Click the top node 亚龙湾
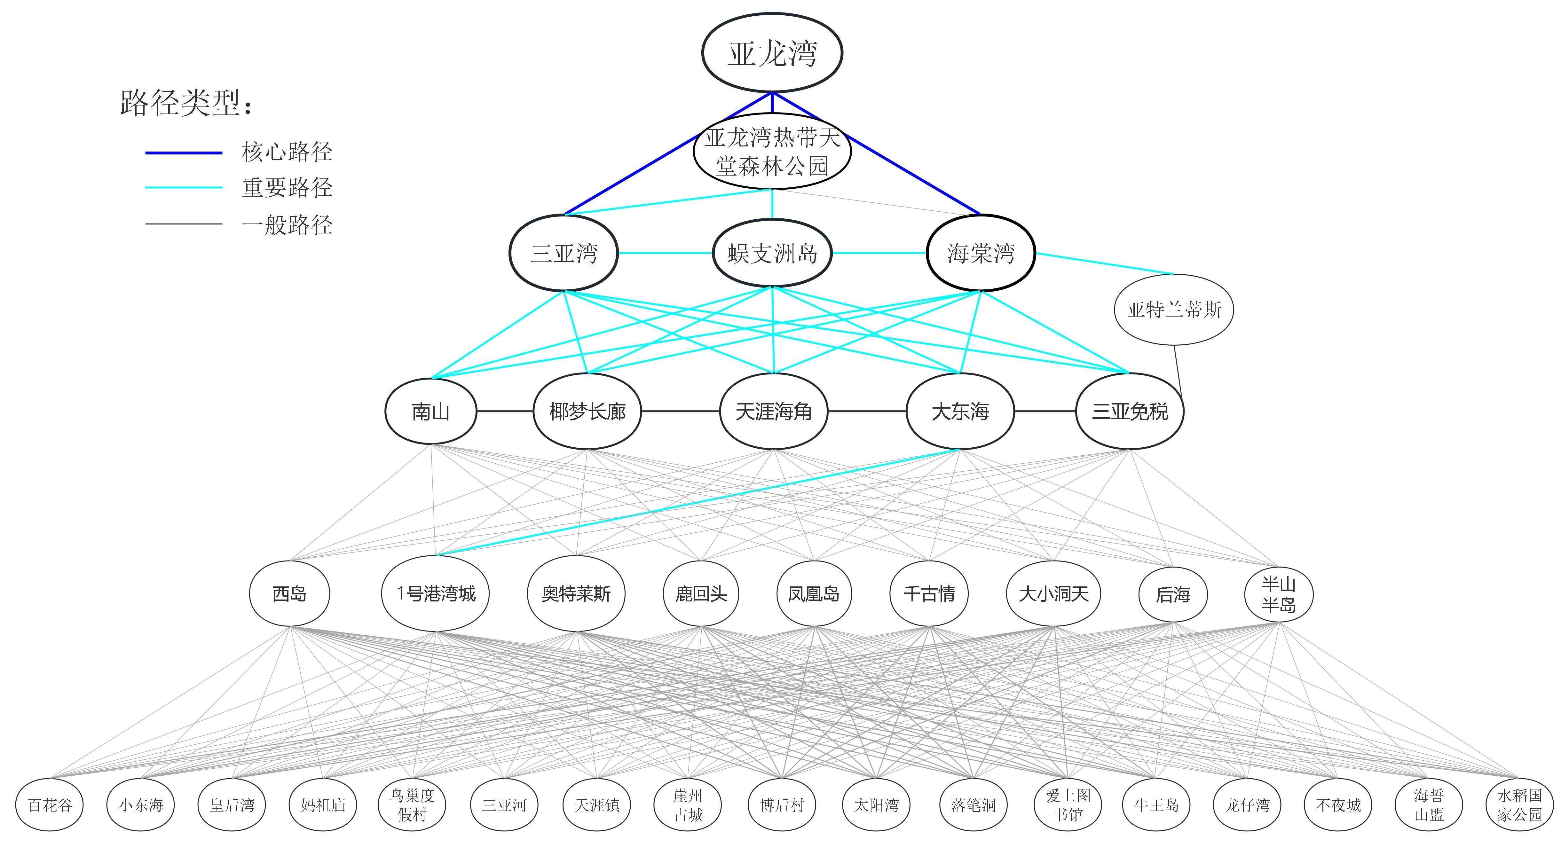click(x=772, y=53)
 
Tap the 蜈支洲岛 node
click(x=772, y=253)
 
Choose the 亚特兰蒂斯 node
click(x=1174, y=310)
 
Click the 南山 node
click(x=431, y=412)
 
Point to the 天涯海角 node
click(x=773, y=412)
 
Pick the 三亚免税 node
click(x=1130, y=412)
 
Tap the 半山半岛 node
click(x=1279, y=594)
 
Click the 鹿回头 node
click(x=701, y=593)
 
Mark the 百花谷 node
click(x=50, y=805)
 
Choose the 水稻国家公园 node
click(x=1519, y=805)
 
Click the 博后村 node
click(x=782, y=805)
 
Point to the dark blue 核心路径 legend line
click(x=184, y=153)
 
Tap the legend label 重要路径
click(x=287, y=188)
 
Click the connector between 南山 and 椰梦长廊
click(x=505, y=412)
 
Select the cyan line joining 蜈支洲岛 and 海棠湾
click(x=879, y=253)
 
